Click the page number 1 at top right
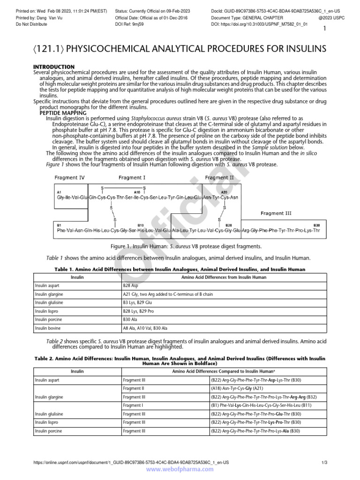click(x=324, y=29)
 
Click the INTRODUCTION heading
click(x=54, y=67)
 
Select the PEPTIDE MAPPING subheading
click(x=63, y=113)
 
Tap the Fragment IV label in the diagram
click(x=69, y=178)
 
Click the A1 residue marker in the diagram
click(x=59, y=192)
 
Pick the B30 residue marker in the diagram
click(x=316, y=225)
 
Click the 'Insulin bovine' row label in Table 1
click(x=48, y=328)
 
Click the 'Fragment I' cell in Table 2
click(x=134, y=405)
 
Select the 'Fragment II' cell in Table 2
click(x=135, y=388)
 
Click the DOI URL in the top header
click(x=266, y=23)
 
